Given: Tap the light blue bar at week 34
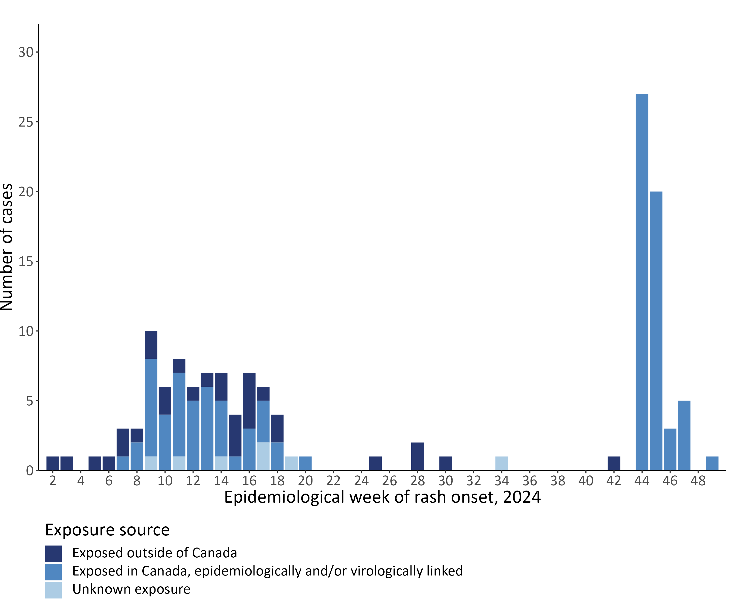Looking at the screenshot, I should click(501, 463).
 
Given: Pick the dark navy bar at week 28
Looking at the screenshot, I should click(417, 456).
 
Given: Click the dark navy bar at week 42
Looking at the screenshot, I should click(614, 463).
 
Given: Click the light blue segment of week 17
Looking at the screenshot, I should click(263, 456).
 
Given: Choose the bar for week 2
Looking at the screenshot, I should click(53, 463).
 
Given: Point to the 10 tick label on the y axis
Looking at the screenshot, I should click(26, 331).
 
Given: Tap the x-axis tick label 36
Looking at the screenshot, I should click(529, 481).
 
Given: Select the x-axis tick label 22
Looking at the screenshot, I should click(333, 481).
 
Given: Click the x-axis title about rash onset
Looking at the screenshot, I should click(382, 497).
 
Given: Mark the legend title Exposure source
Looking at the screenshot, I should click(107, 530).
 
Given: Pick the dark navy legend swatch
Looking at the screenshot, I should click(53, 553).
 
